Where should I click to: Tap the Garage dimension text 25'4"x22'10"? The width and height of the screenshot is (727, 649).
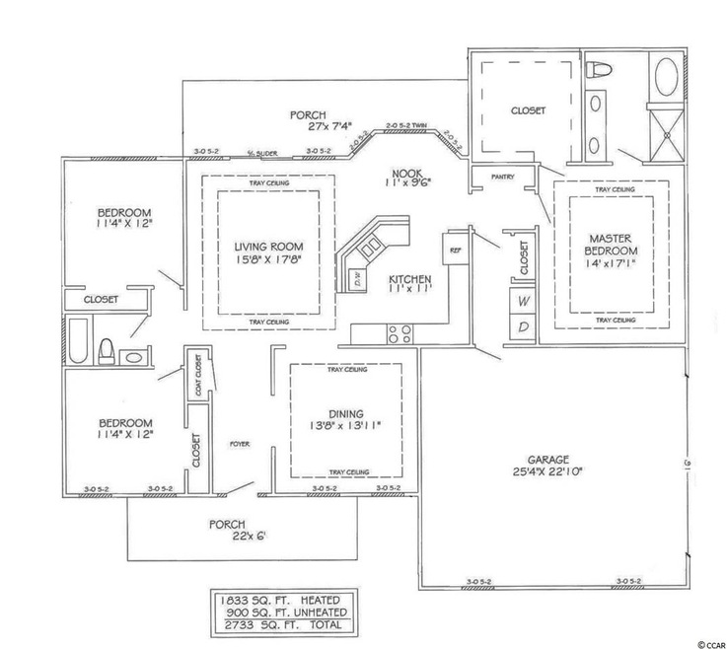[543, 471]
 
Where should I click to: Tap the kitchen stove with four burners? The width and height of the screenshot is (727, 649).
[399, 332]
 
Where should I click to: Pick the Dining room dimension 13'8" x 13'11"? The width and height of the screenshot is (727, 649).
[345, 428]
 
